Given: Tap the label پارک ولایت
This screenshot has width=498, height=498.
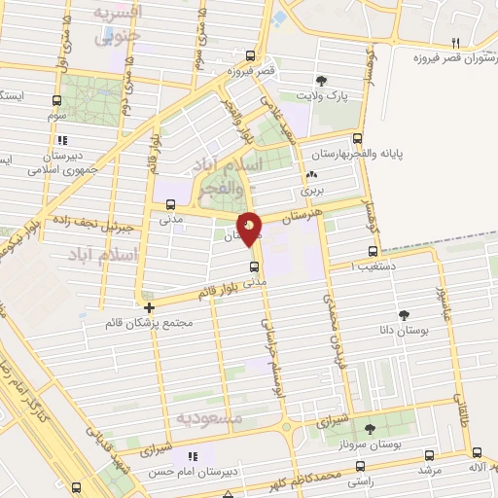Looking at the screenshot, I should pos(321,96).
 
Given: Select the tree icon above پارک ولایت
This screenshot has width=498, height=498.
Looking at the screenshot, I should pos(321,81).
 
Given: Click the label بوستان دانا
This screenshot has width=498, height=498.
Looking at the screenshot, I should pos(403,331).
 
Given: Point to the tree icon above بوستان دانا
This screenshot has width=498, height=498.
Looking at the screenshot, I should pos(404,314).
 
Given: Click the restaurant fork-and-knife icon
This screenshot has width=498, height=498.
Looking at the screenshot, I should pos(454,42).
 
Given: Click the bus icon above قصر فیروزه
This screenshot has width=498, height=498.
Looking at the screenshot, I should pos(251,55).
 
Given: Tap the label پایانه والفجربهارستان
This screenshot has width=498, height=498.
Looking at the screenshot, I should pos(355,154).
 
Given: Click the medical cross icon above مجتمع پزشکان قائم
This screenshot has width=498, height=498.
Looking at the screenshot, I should pos(148,308).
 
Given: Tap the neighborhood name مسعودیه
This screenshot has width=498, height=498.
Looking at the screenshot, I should pos(208,417).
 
